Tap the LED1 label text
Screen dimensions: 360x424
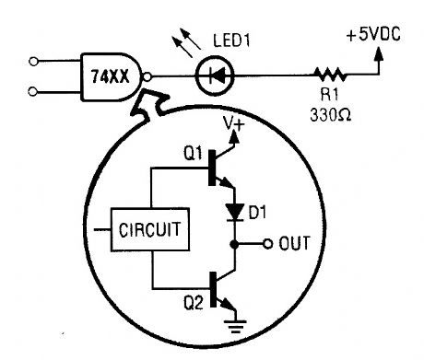[x=233, y=42]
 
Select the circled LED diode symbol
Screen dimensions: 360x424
[x=215, y=78]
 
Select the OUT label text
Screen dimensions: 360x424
[x=295, y=244]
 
